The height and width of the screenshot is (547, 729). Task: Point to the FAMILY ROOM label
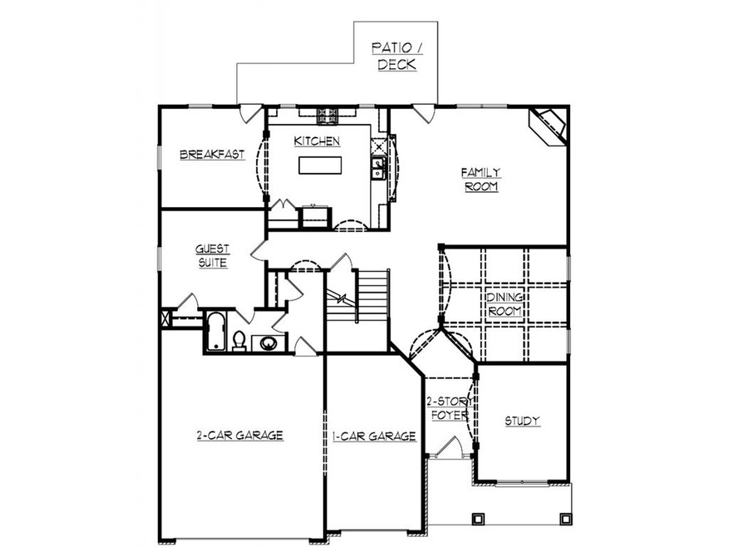tap(481, 180)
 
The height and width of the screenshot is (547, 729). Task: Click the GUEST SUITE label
tap(213, 255)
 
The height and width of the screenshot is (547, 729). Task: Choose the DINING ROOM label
tap(504, 303)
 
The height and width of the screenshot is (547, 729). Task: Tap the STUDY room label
tap(522, 421)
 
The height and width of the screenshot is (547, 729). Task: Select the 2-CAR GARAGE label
tap(240, 435)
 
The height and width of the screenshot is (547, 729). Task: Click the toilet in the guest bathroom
tap(239, 340)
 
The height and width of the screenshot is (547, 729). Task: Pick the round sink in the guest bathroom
tap(268, 342)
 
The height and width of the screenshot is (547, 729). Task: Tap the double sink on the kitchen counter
tap(378, 168)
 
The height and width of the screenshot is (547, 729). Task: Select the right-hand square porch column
tap(565, 519)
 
